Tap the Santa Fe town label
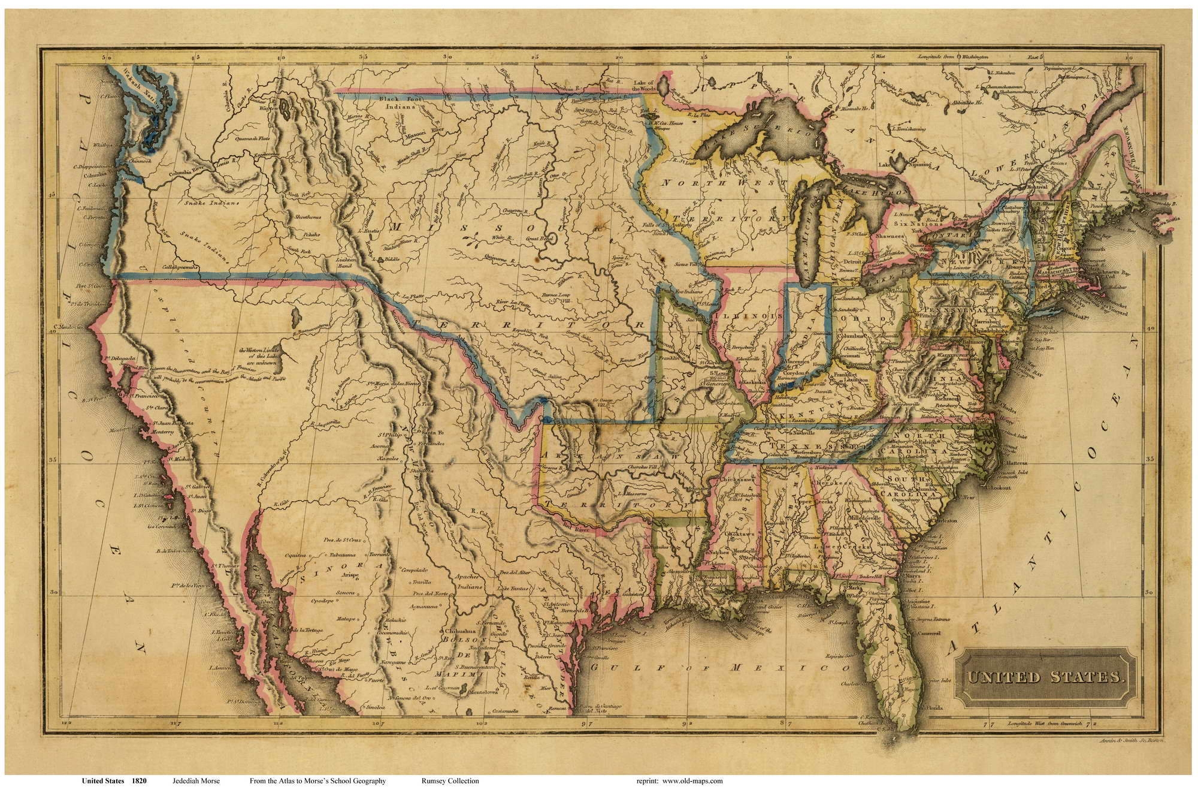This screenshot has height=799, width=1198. [431, 433]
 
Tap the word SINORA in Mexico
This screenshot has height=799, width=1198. [332, 565]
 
